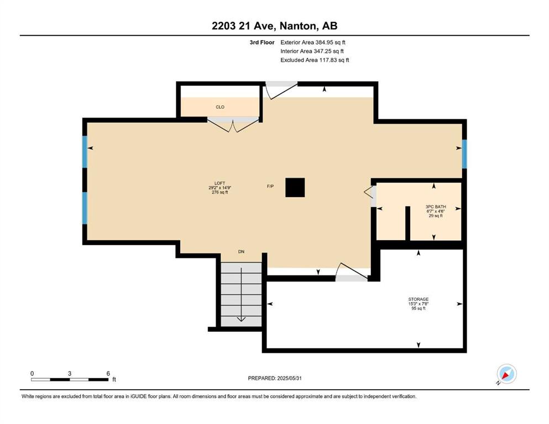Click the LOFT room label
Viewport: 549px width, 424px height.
(x=220, y=183)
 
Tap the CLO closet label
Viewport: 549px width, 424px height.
(x=220, y=107)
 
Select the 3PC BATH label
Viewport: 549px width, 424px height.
(x=436, y=207)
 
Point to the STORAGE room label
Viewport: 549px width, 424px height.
(x=419, y=299)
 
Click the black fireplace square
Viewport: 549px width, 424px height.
(x=295, y=187)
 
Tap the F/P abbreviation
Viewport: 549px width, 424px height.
(x=270, y=186)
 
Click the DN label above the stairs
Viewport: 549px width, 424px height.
(x=241, y=252)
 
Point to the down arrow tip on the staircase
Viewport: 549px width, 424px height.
(x=241, y=321)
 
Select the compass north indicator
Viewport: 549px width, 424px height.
(x=506, y=374)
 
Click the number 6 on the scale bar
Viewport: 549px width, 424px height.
(x=108, y=373)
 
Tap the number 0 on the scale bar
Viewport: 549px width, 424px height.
(x=32, y=373)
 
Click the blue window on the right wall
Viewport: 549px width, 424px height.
(x=464, y=154)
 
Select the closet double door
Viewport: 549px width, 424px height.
(x=233, y=125)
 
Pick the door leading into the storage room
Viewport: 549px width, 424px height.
(x=352, y=272)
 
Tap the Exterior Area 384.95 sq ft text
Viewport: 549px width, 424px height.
(x=313, y=43)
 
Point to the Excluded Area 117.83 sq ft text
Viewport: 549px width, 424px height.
(x=315, y=60)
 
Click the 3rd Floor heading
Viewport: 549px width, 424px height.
(x=262, y=43)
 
